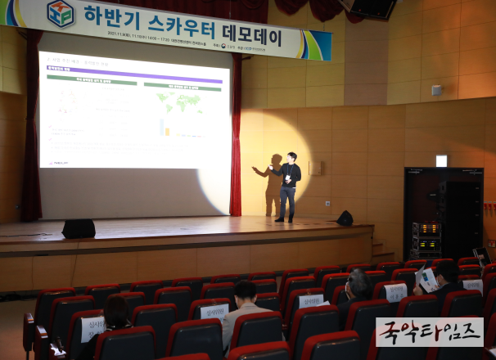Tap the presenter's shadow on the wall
273,183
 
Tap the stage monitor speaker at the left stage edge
79,228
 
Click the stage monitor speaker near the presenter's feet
345,218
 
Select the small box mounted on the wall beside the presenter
316,168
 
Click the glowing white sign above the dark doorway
441,161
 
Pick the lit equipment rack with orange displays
426,238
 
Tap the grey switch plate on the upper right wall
436,90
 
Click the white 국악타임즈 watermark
429,331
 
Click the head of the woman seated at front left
116,309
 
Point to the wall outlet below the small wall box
327,203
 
